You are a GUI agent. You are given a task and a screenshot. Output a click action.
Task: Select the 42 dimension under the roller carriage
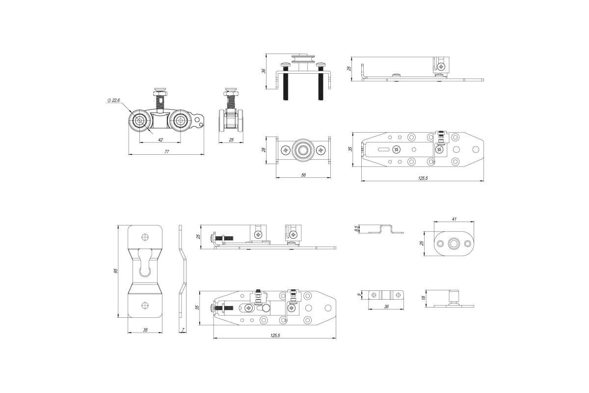click(x=161, y=140)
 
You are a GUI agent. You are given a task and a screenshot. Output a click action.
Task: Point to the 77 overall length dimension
click(x=166, y=152)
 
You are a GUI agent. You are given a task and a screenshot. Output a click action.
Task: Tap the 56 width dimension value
click(x=303, y=175)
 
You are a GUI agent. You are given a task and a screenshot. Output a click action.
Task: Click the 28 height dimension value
click(x=264, y=149)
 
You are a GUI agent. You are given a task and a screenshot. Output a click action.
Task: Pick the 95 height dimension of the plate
click(x=116, y=271)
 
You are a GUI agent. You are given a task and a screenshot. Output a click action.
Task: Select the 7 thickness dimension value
click(x=182, y=330)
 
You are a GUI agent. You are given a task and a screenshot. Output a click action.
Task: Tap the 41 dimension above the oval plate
click(x=455, y=220)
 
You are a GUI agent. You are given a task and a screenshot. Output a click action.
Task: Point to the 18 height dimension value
click(x=423, y=298)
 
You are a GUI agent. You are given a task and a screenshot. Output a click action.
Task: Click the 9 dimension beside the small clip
click(x=360, y=294)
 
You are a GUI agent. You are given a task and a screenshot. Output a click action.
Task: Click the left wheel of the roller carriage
click(x=141, y=120)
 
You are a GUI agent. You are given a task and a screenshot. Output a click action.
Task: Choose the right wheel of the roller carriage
click(x=181, y=120)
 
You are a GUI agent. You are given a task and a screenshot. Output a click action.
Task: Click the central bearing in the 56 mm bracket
click(x=303, y=149)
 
